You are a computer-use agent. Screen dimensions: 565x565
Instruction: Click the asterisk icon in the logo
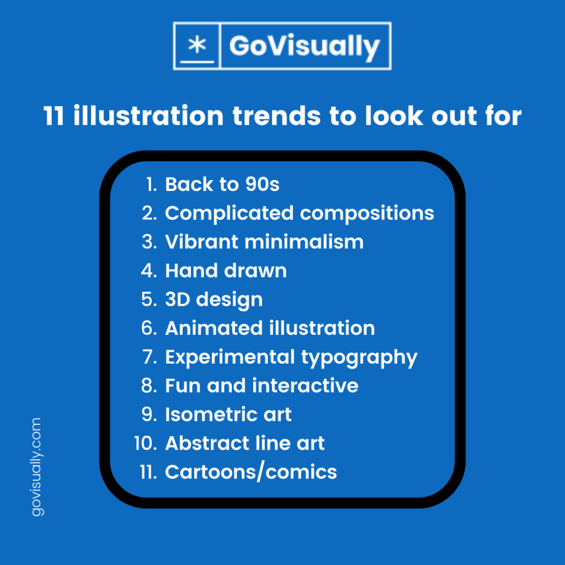pyautogui.click(x=196, y=45)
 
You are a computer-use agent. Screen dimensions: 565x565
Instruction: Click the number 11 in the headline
pyautogui.click(x=54, y=116)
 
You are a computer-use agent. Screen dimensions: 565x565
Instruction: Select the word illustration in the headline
pyautogui.click(x=148, y=116)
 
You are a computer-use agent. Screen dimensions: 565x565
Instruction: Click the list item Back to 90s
pyautogui.click(x=222, y=184)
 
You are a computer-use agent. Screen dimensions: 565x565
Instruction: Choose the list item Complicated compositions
pyautogui.click(x=299, y=214)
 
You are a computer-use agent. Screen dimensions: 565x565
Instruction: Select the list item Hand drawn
pyautogui.click(x=226, y=270)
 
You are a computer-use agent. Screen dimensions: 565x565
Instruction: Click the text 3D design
pyautogui.click(x=214, y=300)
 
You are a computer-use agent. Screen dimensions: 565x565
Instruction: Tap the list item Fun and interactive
pyautogui.click(x=262, y=386)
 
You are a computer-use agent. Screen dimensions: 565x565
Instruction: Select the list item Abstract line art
pyautogui.click(x=244, y=443)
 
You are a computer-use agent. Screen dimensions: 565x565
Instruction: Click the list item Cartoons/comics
pyautogui.click(x=250, y=472)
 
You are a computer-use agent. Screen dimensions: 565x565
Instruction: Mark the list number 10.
pyautogui.click(x=146, y=443)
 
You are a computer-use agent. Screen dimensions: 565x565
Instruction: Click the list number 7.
pyautogui.click(x=150, y=357)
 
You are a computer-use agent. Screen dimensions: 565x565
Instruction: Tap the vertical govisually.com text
pyautogui.click(x=36, y=467)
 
